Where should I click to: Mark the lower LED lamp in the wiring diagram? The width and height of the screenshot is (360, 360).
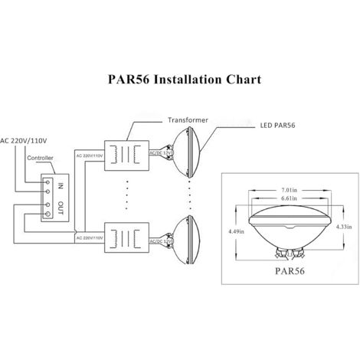188,235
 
